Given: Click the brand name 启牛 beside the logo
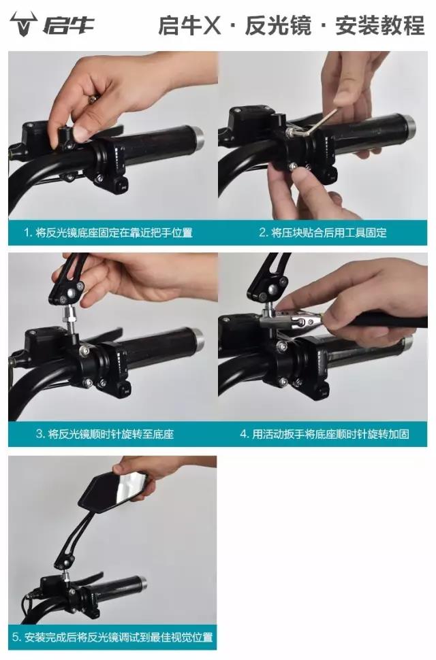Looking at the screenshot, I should pos(68,27).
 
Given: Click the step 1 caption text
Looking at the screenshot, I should pos(108,233).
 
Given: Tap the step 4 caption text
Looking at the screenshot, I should pos(324,433).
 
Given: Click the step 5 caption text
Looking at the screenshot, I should pos(112,638).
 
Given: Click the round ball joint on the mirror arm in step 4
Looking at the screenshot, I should pos(272,288).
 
